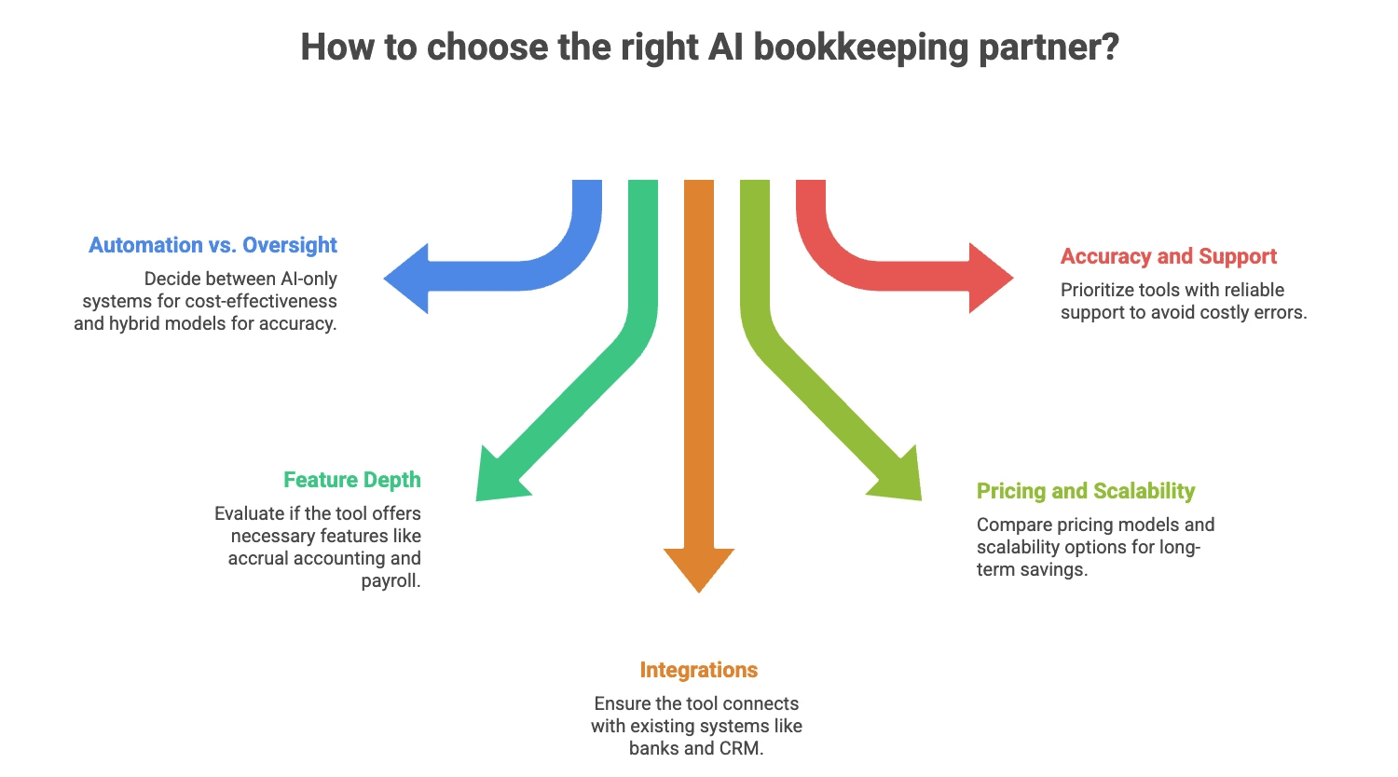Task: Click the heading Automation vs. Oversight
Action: tap(212, 245)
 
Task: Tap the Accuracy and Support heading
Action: tap(1169, 256)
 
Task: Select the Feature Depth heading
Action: tap(352, 480)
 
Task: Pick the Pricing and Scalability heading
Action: tap(1086, 491)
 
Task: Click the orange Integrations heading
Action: tap(698, 670)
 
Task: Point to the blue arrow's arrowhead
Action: tap(408, 279)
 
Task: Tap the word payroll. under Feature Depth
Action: tap(391, 580)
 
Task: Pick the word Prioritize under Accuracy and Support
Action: tap(1099, 290)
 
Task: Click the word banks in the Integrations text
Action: tap(654, 748)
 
